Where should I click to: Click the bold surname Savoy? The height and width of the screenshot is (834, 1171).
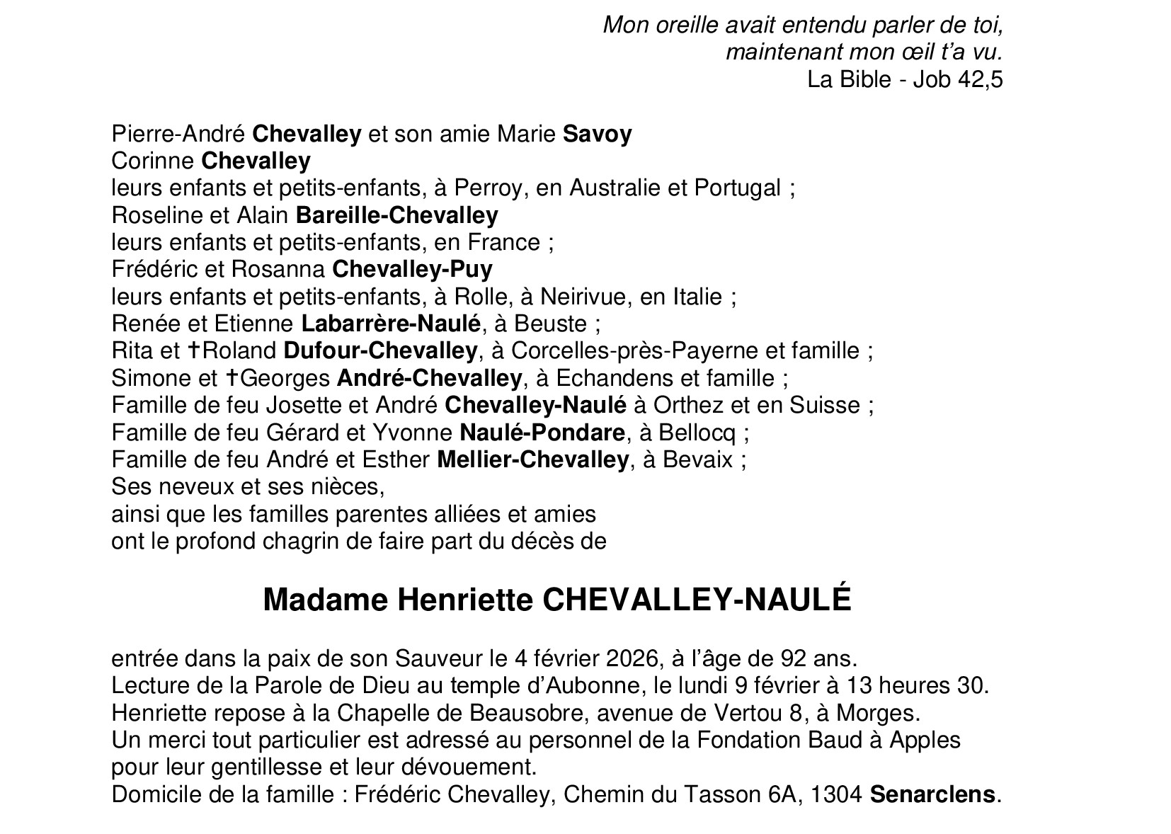click(x=597, y=134)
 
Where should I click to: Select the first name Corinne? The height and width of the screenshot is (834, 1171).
click(x=153, y=161)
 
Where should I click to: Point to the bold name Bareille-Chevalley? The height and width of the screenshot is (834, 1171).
click(x=396, y=215)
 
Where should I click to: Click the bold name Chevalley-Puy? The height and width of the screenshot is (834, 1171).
click(x=412, y=270)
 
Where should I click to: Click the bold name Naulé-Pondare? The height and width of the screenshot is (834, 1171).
click(x=542, y=432)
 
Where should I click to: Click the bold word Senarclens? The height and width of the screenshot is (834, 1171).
click(x=932, y=794)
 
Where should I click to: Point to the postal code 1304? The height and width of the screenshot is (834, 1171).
click(x=836, y=794)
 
